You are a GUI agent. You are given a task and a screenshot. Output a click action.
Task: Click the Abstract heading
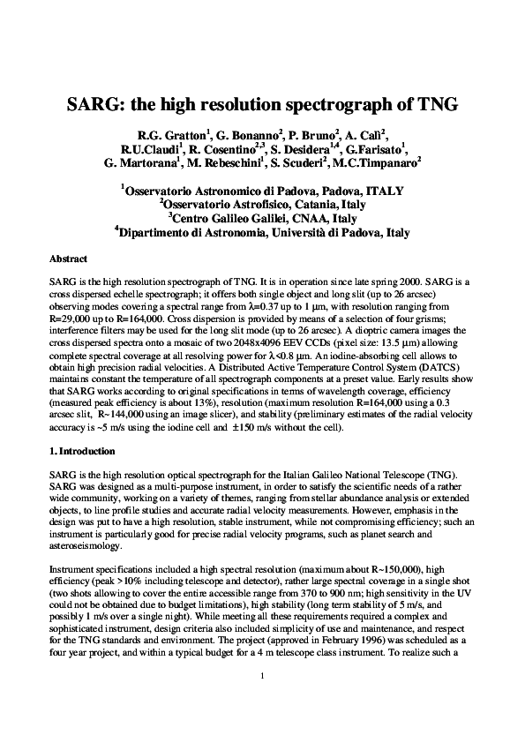(x=68, y=259)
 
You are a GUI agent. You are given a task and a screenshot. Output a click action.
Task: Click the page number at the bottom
(x=263, y=701)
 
